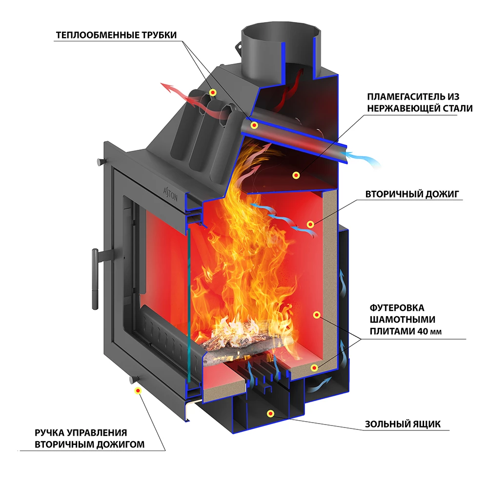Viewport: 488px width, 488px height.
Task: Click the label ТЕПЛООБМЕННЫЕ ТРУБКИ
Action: coord(116,35)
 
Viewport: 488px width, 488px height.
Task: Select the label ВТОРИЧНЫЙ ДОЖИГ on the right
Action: coord(412,194)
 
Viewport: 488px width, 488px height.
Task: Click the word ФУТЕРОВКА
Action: coord(397,308)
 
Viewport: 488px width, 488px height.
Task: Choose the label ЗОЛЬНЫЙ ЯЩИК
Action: coord(403,424)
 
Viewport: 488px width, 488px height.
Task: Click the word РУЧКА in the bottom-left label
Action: coord(50,433)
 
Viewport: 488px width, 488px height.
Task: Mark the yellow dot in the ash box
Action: coord(270,414)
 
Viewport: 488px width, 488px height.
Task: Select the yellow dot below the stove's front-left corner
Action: coord(138,390)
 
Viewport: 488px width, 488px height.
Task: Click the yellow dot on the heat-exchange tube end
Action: coord(254,126)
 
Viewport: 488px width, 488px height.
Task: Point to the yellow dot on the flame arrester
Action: coord(295,175)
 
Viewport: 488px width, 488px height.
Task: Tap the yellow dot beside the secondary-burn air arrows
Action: coord(310,224)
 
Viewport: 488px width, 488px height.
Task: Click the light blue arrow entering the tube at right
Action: coord(364,159)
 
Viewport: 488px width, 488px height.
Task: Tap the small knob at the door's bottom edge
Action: coord(131,379)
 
